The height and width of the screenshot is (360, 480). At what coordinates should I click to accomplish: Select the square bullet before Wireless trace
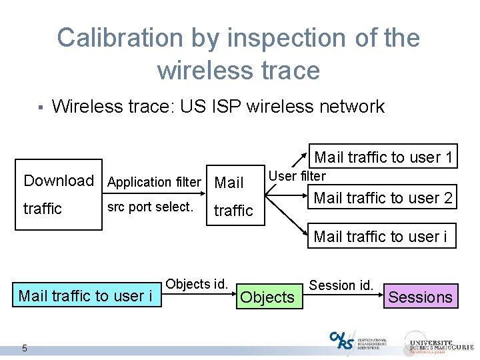click(x=40, y=107)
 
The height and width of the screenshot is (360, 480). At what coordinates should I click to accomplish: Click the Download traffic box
click(x=59, y=195)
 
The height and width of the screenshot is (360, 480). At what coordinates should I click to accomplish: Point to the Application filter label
click(x=154, y=182)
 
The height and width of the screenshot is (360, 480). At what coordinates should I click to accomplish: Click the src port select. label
click(x=150, y=207)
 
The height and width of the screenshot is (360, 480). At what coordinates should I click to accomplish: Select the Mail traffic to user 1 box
click(x=383, y=157)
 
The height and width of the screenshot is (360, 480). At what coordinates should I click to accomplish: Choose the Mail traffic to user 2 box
click(x=383, y=197)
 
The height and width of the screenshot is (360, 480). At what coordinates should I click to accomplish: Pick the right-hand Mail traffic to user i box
click(x=381, y=236)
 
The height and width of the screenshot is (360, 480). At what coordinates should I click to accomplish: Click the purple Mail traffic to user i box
click(x=85, y=295)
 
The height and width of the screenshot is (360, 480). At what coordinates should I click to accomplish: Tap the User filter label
click(x=297, y=176)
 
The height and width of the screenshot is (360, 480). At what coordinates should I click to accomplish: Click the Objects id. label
click(x=197, y=284)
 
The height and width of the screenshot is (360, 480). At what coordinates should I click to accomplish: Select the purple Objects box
click(x=267, y=297)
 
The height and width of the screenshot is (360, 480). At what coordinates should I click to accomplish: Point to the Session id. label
click(x=341, y=285)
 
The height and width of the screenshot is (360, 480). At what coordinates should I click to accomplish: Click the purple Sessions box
click(x=420, y=297)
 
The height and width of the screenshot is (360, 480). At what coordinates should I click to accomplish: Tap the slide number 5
click(x=25, y=347)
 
